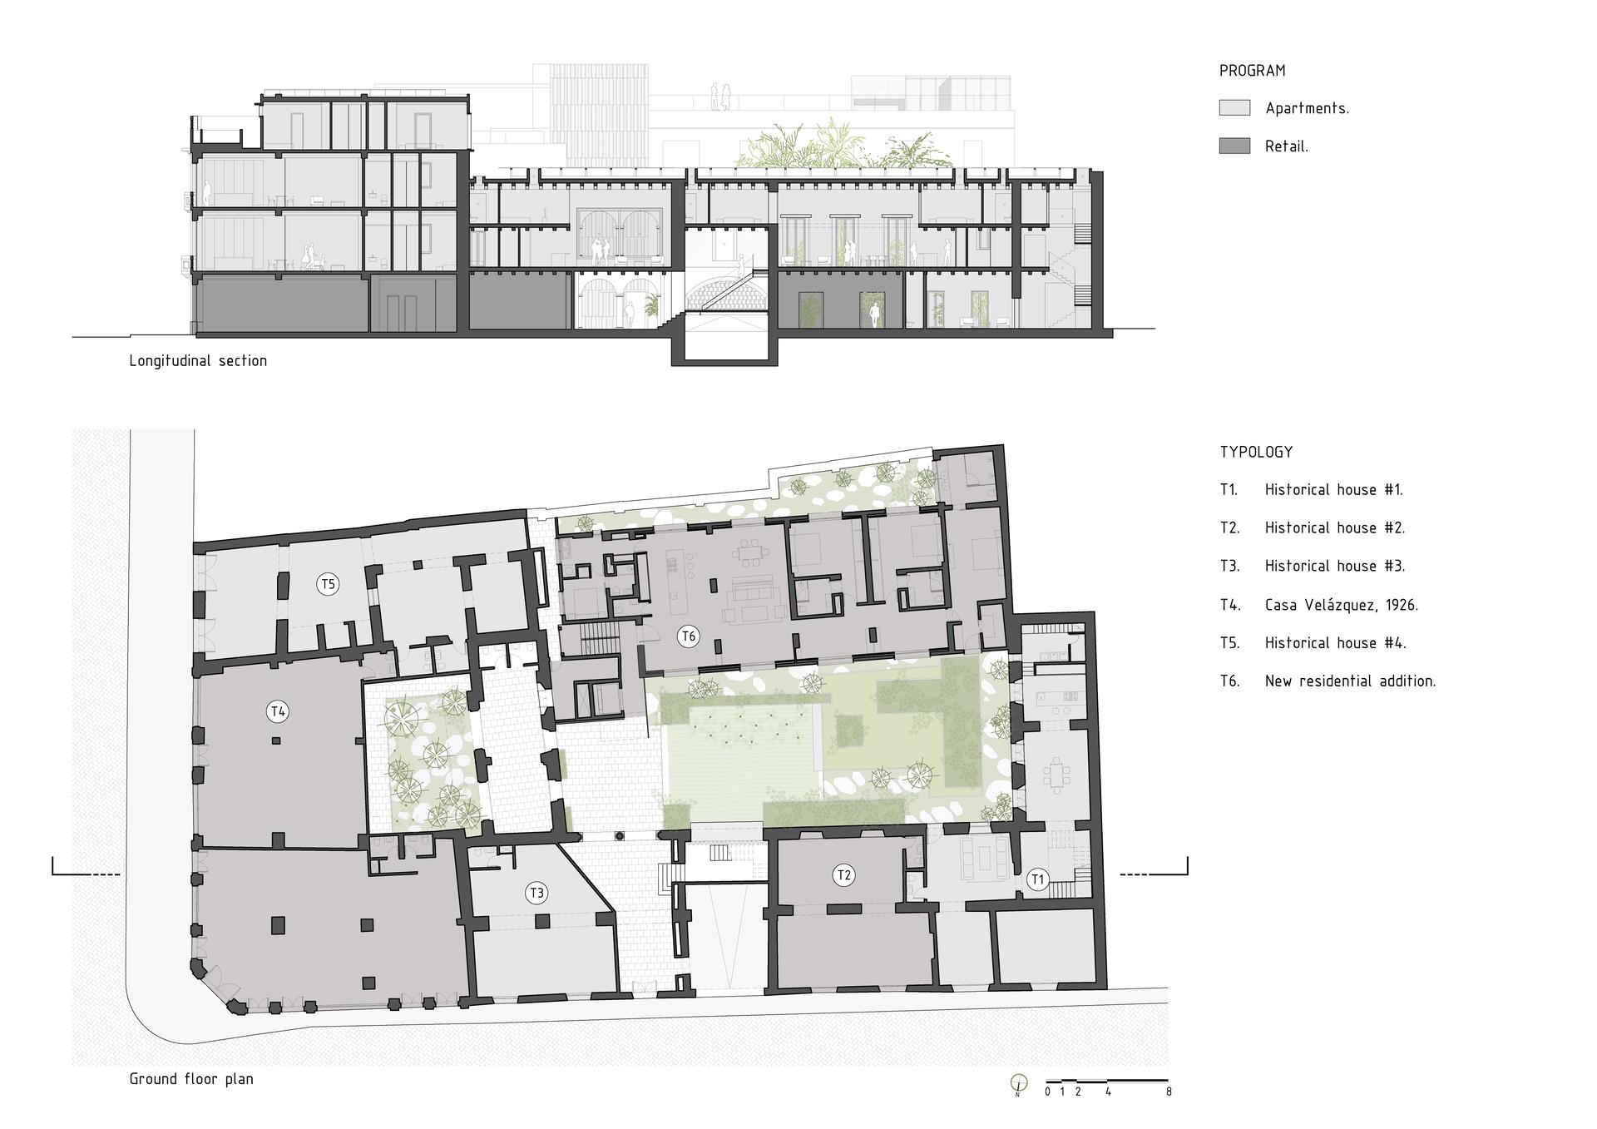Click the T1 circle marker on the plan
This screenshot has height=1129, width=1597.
(x=1037, y=879)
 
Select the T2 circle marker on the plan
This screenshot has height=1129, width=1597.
(x=844, y=874)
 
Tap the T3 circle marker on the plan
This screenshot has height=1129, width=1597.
(x=536, y=893)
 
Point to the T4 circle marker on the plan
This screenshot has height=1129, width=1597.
(x=278, y=711)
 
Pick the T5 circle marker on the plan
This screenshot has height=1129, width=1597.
(x=329, y=584)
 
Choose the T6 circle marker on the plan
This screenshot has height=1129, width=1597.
(x=688, y=636)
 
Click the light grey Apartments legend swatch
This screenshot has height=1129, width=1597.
(x=1234, y=107)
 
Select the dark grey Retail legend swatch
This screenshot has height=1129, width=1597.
(x=1234, y=146)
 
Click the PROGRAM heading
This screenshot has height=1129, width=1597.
(x=1252, y=71)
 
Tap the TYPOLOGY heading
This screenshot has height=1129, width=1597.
(x=1256, y=452)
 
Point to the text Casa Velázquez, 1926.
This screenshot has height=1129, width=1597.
(x=1341, y=605)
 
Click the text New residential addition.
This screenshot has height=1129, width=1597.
(x=1350, y=681)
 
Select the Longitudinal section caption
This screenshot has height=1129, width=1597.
(x=198, y=361)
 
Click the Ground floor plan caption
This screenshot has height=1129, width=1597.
(x=191, y=1079)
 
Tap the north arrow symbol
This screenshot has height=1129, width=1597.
(x=1018, y=1084)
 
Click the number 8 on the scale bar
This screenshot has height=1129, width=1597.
(x=1169, y=1092)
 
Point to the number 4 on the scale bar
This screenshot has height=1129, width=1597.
(x=1108, y=1092)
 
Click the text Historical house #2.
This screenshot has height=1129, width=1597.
(x=1334, y=527)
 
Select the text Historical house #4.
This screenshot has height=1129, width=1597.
(x=1334, y=642)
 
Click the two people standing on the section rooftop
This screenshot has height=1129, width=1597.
(x=719, y=96)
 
